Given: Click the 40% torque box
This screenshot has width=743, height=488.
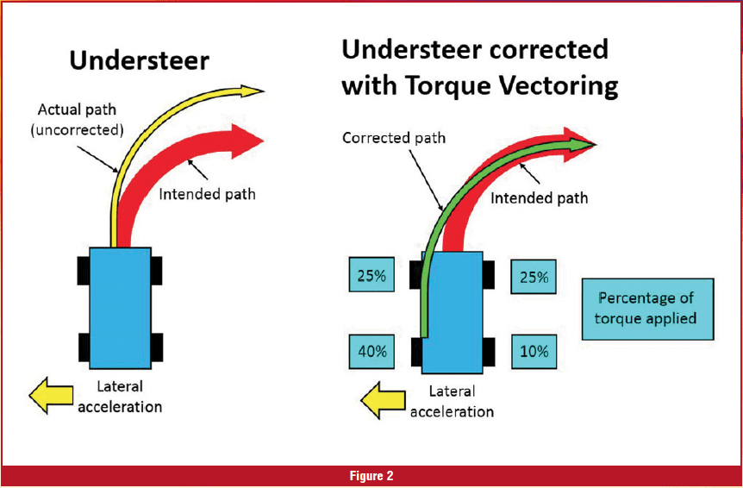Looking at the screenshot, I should point(372,352).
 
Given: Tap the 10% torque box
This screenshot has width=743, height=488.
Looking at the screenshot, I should point(534,352).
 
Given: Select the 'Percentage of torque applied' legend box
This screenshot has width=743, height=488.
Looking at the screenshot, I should point(647,309).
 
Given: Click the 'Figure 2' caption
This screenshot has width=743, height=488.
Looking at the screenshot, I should point(371,476).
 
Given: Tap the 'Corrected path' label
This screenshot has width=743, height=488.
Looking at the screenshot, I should point(394,138).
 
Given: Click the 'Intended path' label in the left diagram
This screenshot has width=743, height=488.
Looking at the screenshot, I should point(207,194).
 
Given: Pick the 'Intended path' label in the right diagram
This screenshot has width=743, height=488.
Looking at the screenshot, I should point(540,198).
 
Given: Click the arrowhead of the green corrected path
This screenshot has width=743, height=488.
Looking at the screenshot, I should point(584,141).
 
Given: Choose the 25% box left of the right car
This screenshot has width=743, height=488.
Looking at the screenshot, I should point(372,277).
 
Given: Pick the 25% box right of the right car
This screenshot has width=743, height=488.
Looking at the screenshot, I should point(534,278).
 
